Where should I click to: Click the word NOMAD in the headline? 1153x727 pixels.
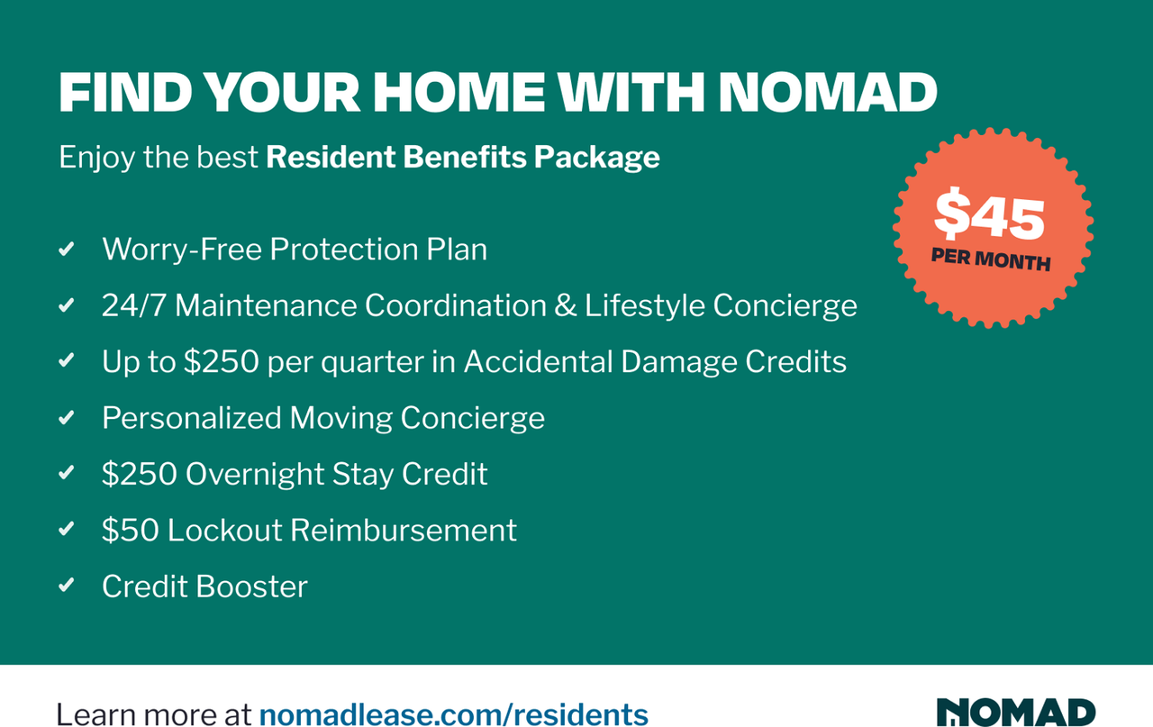point(828,92)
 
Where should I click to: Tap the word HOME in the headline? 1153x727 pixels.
point(458,92)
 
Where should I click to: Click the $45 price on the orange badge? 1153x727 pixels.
point(989,214)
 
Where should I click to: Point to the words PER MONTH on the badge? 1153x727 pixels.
point(991,259)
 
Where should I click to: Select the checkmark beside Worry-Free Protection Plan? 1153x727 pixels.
point(67,250)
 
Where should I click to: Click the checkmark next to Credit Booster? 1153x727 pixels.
point(67,586)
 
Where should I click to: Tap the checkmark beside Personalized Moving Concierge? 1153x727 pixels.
point(67,417)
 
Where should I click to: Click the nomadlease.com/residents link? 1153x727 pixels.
point(453,714)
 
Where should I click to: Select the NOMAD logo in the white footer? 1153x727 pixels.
point(1015,712)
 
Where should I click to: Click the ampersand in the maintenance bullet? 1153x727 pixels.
point(565,305)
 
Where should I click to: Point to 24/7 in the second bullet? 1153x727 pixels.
point(134,305)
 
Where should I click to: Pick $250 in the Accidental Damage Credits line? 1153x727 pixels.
point(222,361)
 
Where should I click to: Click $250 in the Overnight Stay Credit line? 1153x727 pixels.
point(140,473)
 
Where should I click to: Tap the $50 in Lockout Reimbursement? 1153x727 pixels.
point(131,530)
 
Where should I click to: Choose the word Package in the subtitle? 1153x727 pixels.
point(596,158)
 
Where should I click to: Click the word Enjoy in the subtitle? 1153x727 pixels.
point(96,158)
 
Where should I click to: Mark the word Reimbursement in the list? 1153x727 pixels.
point(404,530)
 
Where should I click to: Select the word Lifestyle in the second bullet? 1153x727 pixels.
point(644,305)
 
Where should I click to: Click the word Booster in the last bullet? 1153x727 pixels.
point(251,586)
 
